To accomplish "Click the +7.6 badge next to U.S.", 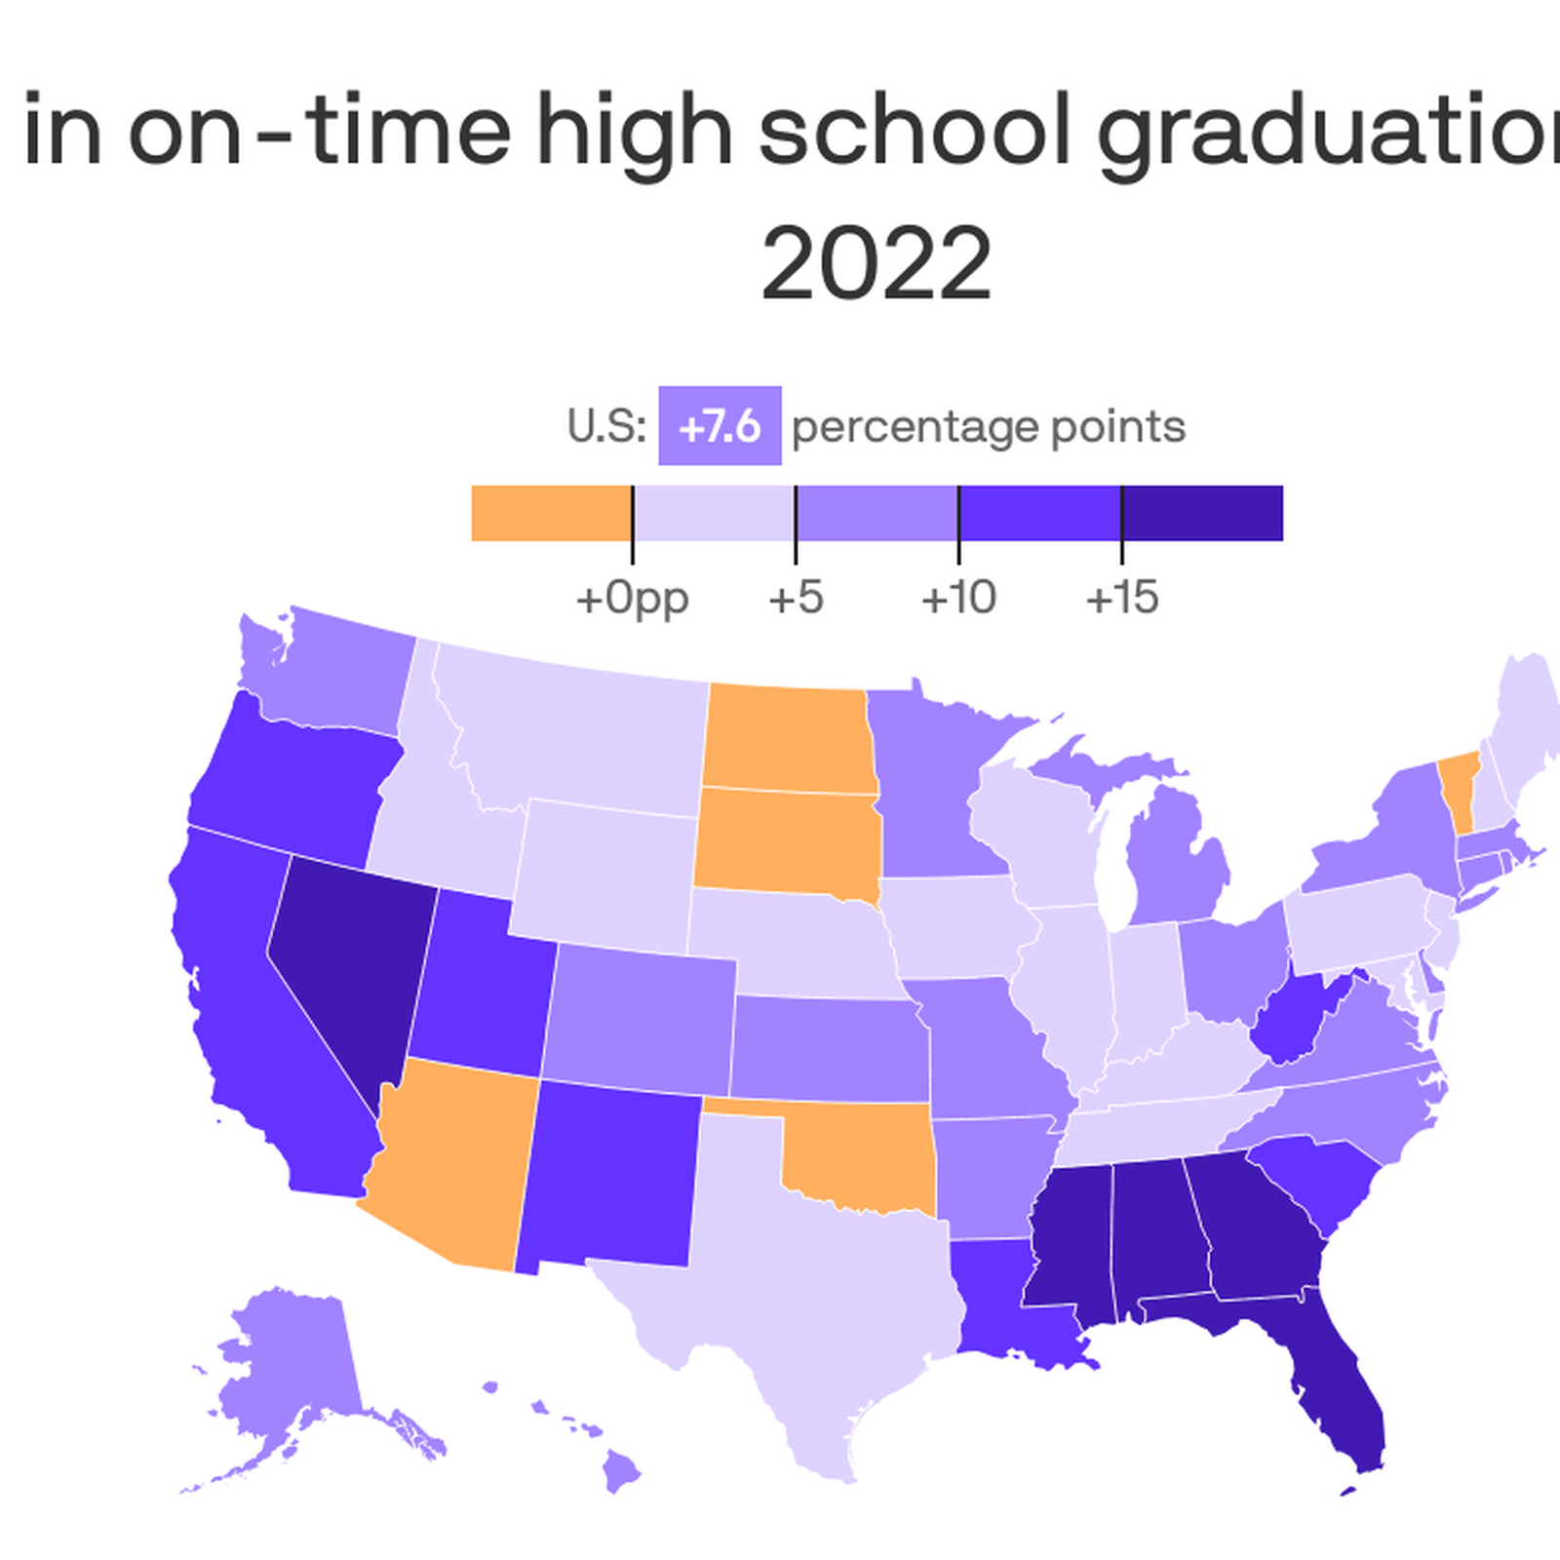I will (x=720, y=426).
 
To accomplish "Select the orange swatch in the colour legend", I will (x=551, y=513).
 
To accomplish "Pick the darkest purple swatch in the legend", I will (x=1202, y=513).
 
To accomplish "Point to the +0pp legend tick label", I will (x=632, y=597).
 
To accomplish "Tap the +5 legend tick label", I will (x=796, y=597).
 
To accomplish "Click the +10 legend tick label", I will (x=958, y=597).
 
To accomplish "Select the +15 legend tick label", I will (x=1122, y=597).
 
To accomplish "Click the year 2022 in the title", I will (x=876, y=263).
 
